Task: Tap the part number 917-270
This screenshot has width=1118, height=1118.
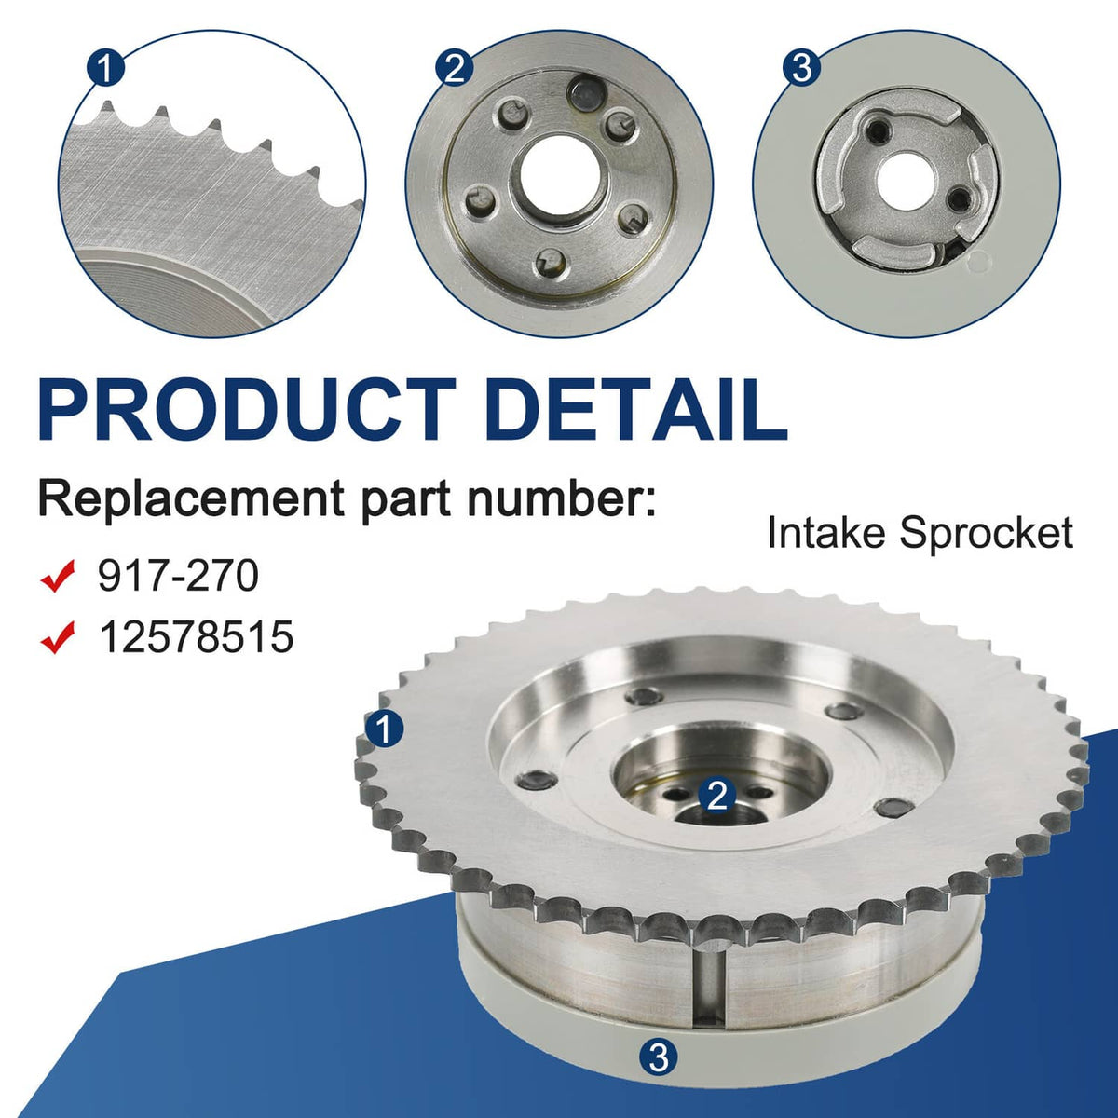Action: point(178,576)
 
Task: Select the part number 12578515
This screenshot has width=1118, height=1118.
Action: point(196,636)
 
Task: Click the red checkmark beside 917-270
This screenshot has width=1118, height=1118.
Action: point(58,576)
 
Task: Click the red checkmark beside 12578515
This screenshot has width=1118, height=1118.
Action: point(58,636)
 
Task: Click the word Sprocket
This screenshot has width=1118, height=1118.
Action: point(986,535)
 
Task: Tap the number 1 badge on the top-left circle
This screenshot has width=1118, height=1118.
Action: point(105,69)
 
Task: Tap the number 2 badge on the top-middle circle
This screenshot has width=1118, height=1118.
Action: point(455,69)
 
